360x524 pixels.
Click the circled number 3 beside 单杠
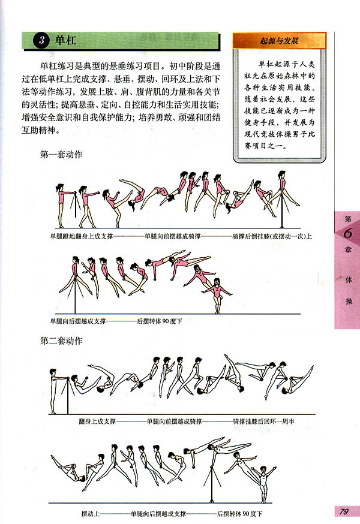40,41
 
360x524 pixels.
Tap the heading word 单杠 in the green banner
63,41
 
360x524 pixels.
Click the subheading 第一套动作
61,155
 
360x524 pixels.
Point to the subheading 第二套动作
61,341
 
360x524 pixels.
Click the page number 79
343,511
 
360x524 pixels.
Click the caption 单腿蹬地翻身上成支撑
81,236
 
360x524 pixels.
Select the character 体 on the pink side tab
347,280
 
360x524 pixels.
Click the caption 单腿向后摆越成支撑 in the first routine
78,321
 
